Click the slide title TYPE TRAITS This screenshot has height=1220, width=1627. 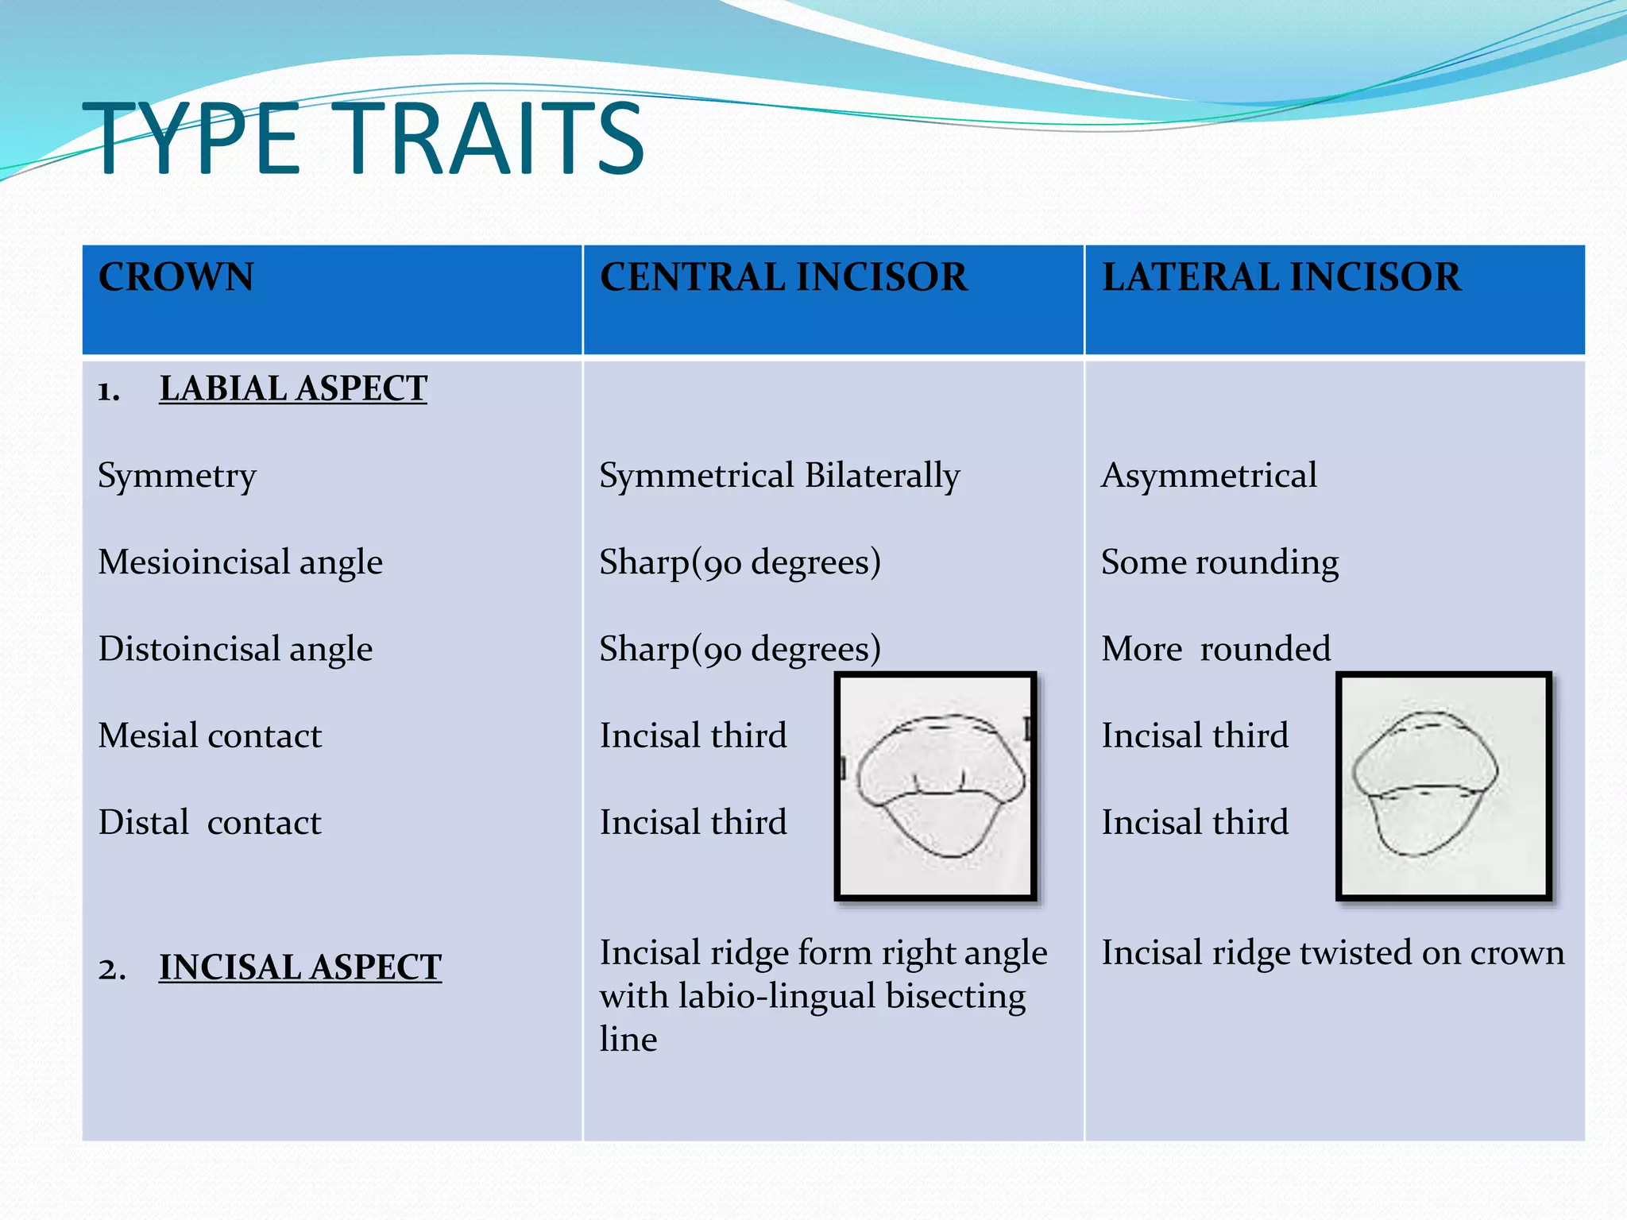(363, 140)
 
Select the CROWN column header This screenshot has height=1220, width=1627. (176, 277)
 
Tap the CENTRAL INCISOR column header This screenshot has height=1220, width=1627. (783, 277)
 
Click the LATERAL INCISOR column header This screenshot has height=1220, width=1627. (1281, 277)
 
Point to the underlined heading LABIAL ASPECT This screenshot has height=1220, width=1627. (292, 388)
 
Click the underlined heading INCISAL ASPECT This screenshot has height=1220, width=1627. (300, 967)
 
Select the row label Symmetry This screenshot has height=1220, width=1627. (177, 476)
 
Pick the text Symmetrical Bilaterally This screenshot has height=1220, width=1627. (779, 476)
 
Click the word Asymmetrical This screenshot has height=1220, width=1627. (1208, 476)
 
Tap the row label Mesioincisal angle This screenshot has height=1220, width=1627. (240, 562)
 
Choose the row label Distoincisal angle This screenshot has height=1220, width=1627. (235, 649)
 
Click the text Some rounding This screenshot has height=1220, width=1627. (1219, 562)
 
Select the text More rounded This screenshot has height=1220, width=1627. (1215, 649)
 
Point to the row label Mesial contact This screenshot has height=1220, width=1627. (210, 735)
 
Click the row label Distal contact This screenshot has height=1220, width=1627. (210, 822)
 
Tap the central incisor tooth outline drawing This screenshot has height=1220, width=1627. (936, 786)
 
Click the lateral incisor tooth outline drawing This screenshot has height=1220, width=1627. (1443, 786)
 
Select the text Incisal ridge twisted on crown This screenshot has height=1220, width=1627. (1332, 952)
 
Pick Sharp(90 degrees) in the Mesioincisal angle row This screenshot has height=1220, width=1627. (740, 562)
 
